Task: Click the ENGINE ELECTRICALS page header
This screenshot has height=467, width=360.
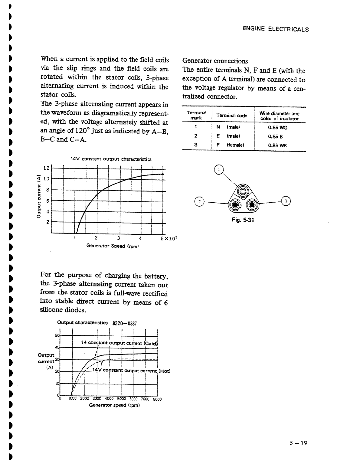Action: [275, 29]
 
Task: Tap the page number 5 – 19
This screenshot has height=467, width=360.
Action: [298, 443]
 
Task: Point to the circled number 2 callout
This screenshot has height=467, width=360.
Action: [199, 201]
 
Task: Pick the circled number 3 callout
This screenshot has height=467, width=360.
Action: [286, 201]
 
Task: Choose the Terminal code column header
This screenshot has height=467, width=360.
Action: [232, 116]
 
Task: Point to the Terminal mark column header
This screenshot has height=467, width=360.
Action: [196, 115]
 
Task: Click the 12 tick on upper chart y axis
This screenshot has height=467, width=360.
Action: [46, 168]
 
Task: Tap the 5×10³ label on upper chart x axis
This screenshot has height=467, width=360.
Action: [169, 239]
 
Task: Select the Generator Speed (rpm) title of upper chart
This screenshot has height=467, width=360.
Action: [112, 246]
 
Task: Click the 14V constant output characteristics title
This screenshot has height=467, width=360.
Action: [111, 159]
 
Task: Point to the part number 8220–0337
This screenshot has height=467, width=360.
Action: [125, 323]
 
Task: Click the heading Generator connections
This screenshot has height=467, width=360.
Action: [215, 61]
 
